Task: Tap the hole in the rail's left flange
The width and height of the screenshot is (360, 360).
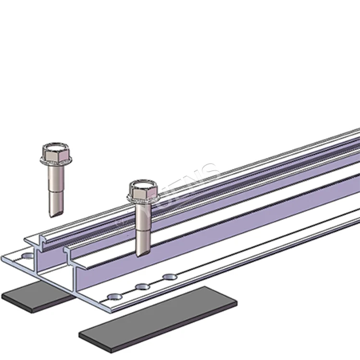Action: coord(28,256)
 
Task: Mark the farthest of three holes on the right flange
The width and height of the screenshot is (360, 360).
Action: coord(169,277)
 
